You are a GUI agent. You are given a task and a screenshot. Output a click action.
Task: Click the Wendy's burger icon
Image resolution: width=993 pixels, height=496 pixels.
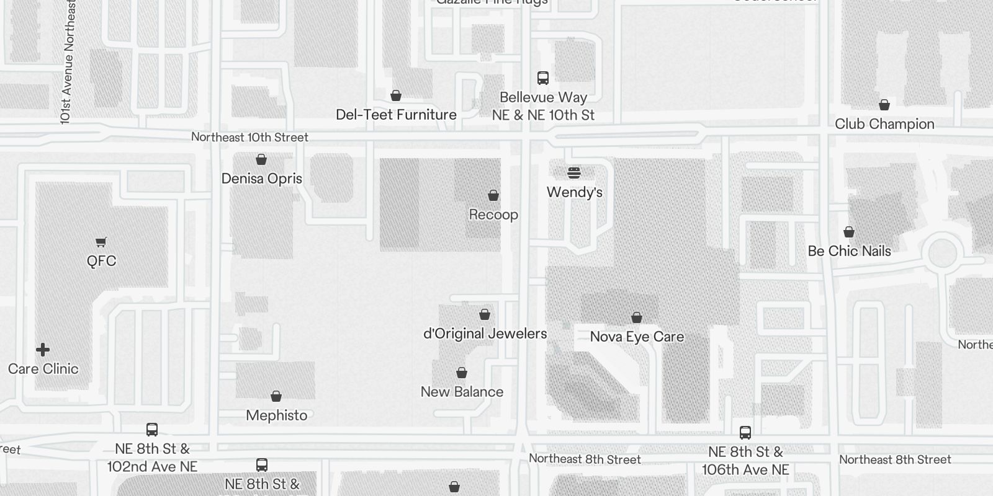(x=574, y=173)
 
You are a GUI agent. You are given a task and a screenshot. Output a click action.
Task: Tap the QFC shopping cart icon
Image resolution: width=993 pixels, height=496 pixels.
(x=101, y=242)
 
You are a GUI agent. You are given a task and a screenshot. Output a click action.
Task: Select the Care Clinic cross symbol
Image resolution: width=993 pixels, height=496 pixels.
(x=43, y=350)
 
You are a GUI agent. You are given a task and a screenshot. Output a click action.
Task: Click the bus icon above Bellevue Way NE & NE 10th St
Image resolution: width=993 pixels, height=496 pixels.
(x=543, y=78)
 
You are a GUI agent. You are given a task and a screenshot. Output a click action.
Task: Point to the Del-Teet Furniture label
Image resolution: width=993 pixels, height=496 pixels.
(x=396, y=115)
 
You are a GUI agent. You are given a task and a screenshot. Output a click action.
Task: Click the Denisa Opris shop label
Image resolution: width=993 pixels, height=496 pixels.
(x=261, y=179)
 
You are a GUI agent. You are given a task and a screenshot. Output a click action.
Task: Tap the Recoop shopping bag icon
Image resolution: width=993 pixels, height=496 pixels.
(x=493, y=196)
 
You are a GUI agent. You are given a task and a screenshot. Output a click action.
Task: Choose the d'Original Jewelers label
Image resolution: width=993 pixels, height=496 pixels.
(x=485, y=334)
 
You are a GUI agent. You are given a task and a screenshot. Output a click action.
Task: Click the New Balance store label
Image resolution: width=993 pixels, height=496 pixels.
(x=462, y=392)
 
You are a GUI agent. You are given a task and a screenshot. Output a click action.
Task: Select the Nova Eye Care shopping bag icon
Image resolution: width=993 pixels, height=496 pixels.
(x=637, y=318)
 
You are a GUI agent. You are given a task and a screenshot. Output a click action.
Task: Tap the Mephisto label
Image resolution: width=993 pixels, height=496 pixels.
(x=276, y=415)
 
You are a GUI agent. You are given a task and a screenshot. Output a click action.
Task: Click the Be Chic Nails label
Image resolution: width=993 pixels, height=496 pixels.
(x=849, y=251)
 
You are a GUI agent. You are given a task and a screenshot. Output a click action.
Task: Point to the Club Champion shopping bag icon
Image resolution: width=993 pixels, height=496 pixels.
(x=884, y=105)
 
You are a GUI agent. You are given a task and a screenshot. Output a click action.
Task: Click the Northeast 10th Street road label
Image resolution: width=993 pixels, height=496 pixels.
(x=249, y=137)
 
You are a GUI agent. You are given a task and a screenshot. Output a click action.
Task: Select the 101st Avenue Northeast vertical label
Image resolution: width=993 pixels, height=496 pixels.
(x=68, y=62)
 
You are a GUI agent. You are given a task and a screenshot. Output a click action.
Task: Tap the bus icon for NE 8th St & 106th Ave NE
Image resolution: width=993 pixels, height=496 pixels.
(x=745, y=433)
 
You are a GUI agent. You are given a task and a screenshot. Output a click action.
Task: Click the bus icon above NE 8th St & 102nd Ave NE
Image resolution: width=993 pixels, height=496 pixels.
(x=152, y=430)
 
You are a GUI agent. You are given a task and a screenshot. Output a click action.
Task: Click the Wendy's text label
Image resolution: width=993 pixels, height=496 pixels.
(x=574, y=192)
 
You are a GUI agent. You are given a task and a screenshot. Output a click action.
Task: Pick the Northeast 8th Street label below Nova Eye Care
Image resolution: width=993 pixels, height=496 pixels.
(x=585, y=459)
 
